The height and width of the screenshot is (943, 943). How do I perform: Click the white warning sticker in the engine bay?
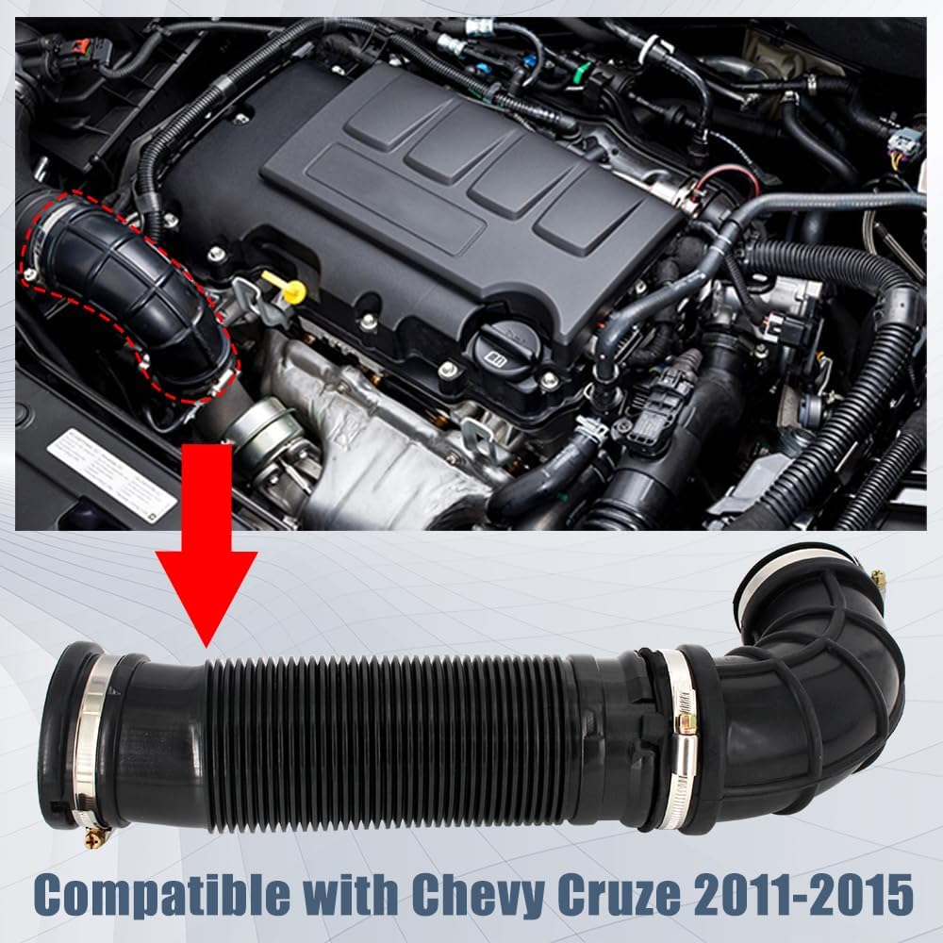point(111,475)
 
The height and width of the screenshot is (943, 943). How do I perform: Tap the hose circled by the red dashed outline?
point(132,302)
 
